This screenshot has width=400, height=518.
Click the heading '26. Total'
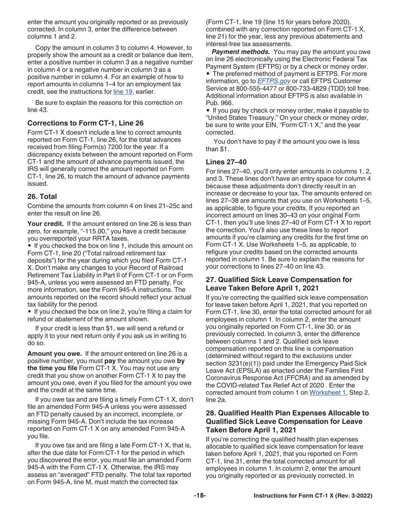pyautogui.click(x=42, y=197)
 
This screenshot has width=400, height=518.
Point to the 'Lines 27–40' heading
pyautogui.click(x=226, y=162)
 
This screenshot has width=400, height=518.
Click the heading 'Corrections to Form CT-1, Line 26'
pyautogui.click(x=85, y=123)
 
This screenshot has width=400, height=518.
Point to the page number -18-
pyautogui.click(x=200, y=496)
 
